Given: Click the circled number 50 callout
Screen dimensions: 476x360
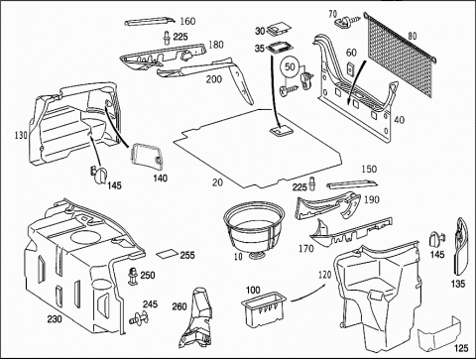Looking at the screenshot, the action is click(290, 67).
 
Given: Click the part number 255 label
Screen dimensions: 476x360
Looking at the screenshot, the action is click(187, 255).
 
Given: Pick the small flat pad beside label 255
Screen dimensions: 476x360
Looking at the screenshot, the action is click(168, 254).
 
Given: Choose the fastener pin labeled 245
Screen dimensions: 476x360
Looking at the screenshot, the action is click(139, 317).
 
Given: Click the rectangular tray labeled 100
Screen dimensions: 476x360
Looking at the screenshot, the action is click(263, 309).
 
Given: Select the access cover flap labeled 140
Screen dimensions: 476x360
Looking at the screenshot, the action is click(146, 155).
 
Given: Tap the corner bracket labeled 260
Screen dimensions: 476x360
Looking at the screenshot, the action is click(197, 318).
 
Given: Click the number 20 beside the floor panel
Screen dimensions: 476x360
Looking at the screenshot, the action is click(217, 182).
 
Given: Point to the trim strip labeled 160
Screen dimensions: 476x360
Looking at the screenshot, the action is click(150, 22).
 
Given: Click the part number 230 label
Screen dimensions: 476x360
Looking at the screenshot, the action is click(55, 319).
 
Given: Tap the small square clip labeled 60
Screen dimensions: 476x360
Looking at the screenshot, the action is click(350, 68).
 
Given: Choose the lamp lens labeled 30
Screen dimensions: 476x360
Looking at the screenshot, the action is click(278, 29).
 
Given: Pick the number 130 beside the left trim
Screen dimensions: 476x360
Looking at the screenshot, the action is click(21, 135).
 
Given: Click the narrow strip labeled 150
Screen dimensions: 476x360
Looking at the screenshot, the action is click(352, 183).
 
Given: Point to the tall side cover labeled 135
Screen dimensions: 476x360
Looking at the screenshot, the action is click(461, 246).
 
